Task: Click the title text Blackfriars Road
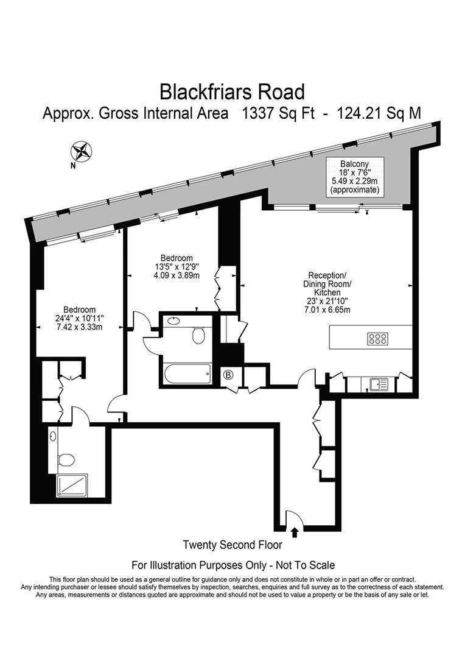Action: click(x=232, y=91)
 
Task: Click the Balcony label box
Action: click(x=354, y=177)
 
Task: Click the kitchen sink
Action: click(x=379, y=384)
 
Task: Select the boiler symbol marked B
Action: click(x=229, y=375)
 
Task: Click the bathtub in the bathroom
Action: click(x=186, y=371)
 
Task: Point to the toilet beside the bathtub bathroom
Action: click(x=198, y=334)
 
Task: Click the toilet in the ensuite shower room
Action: click(x=66, y=459)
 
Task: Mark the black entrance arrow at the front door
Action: click(x=295, y=532)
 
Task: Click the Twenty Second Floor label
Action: click(x=232, y=545)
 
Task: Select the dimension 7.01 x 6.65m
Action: click(x=327, y=310)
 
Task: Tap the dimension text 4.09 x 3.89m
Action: click(x=177, y=274)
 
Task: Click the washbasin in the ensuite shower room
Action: click(x=54, y=436)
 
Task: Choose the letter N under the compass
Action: click(x=73, y=164)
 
